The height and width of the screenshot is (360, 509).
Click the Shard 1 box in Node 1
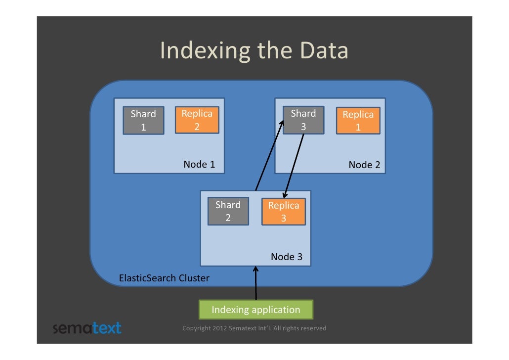[x=143, y=121]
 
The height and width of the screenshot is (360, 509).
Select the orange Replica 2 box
[x=197, y=120]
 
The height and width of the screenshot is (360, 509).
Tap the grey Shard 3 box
[x=303, y=120]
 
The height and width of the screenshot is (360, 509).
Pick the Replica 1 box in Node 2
[x=358, y=121]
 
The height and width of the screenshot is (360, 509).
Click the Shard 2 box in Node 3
[x=228, y=211]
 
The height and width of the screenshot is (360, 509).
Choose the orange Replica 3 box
[x=283, y=212]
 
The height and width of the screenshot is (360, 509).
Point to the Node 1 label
[x=199, y=164]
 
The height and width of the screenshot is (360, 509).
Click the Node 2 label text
[x=364, y=165]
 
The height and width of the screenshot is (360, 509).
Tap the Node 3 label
[x=286, y=257]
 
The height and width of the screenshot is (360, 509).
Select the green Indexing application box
[x=255, y=310]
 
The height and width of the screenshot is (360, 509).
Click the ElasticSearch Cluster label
[x=164, y=278]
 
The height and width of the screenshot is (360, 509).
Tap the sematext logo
[x=86, y=328]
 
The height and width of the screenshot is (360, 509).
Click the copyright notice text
[x=254, y=328]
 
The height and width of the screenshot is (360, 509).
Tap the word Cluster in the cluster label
[x=194, y=278]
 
